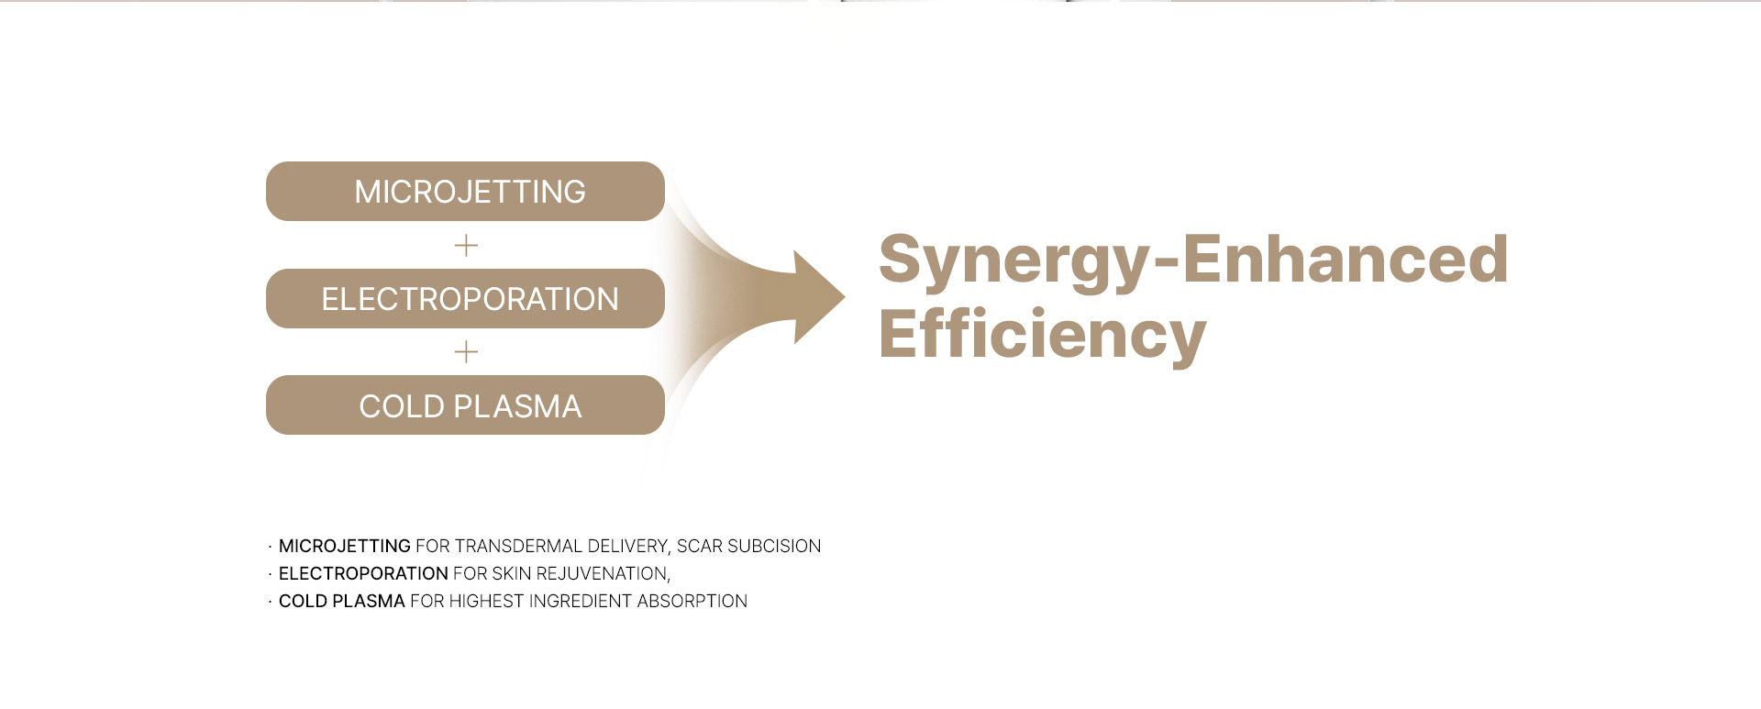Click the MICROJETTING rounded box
465,191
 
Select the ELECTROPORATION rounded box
465,298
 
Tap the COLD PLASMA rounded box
465,404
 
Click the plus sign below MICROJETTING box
466,245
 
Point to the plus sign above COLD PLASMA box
466,352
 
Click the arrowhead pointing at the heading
818,297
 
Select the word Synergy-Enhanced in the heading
1193,260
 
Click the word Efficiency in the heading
1042,335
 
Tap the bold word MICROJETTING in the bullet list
344,546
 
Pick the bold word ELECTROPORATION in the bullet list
363,573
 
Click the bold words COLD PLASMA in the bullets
341,601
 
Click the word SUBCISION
774,546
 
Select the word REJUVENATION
603,574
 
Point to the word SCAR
700,546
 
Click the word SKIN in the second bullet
511,573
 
